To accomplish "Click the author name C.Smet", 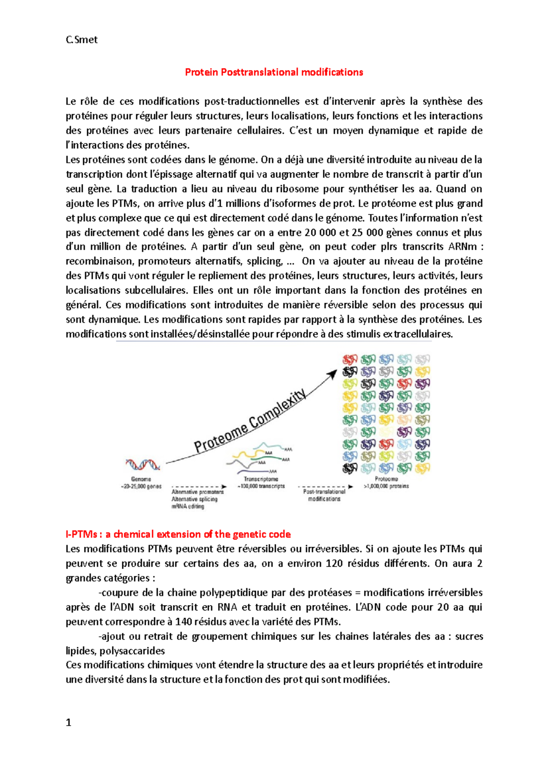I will (x=81, y=40).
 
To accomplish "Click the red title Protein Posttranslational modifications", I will (x=274, y=72).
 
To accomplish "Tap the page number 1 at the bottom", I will (x=68, y=722).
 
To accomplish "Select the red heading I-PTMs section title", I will (x=178, y=534).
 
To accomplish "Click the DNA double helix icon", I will (x=142, y=465).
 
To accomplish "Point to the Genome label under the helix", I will (x=141, y=479).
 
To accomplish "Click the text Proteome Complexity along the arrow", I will (x=250, y=421).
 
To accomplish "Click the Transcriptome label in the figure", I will (x=261, y=479).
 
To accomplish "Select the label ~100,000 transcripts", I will (x=261, y=487).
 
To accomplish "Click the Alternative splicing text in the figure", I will (x=195, y=499).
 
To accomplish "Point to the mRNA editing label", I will (x=188, y=507).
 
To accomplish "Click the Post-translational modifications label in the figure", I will (x=324, y=495).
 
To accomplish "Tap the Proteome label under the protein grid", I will (x=386, y=479).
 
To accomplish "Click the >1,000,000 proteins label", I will (x=386, y=487).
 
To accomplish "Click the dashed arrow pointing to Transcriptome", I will (x=200, y=487).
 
